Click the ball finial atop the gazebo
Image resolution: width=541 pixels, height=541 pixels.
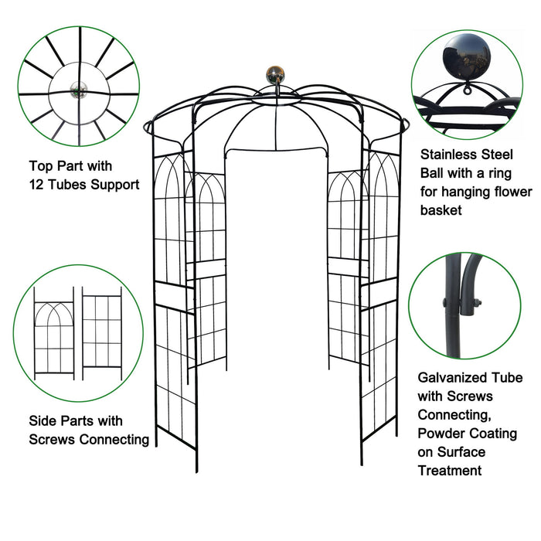pos(274,75)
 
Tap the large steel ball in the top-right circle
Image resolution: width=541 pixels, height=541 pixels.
pos(465,60)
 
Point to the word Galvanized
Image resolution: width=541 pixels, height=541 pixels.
pos(453,378)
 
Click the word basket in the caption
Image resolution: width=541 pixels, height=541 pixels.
pos(441,209)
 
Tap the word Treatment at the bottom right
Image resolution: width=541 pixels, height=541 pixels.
pos(450,470)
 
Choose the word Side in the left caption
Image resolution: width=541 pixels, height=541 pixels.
pos(43,421)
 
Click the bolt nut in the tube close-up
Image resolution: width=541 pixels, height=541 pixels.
pos(474,302)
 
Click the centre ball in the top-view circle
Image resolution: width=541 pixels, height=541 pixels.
pos(78,90)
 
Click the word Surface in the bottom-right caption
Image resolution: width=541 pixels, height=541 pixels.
pos(463,451)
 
